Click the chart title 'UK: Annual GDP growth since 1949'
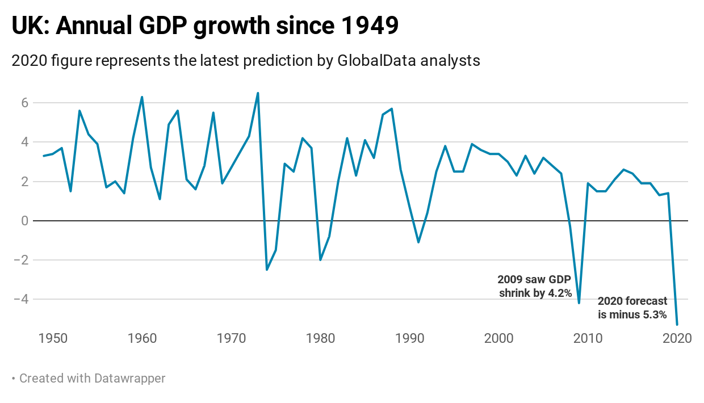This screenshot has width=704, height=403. (x=205, y=26)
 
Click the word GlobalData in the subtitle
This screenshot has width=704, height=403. (x=386, y=60)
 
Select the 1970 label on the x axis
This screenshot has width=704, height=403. (x=231, y=338)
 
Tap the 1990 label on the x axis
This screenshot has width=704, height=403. (x=409, y=338)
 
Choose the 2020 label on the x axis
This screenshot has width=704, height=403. (x=677, y=338)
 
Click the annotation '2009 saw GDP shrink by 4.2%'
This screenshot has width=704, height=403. (x=534, y=287)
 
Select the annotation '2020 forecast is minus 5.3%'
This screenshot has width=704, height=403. (x=632, y=308)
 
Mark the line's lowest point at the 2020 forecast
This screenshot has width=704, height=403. (x=677, y=325)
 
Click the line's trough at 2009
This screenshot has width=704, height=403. (x=579, y=303)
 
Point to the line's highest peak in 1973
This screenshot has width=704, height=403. (x=258, y=93)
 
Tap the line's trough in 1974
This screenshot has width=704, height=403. (x=267, y=270)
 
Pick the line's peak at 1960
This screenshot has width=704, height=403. (x=142, y=97)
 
